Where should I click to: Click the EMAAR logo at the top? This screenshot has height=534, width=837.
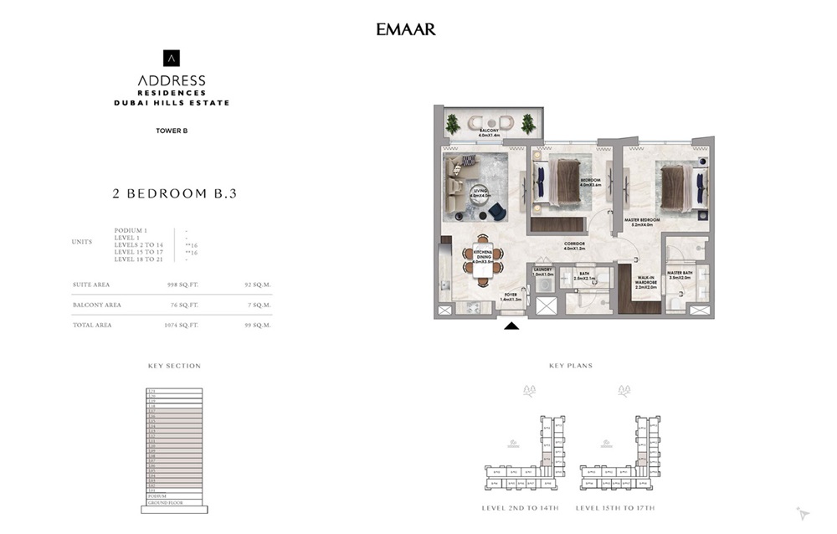click(406, 29)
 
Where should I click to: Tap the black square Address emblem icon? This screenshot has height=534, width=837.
click(171, 58)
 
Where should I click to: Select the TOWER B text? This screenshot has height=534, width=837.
click(171, 130)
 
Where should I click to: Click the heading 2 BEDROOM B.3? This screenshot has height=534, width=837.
click(174, 193)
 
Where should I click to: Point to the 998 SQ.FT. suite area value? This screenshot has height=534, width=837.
click(183, 285)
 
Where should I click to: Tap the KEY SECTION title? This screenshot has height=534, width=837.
click(174, 366)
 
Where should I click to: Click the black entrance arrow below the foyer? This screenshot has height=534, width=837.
click(511, 326)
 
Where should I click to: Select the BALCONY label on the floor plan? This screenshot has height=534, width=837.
click(490, 131)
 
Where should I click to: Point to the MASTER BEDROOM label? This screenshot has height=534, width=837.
click(643, 220)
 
